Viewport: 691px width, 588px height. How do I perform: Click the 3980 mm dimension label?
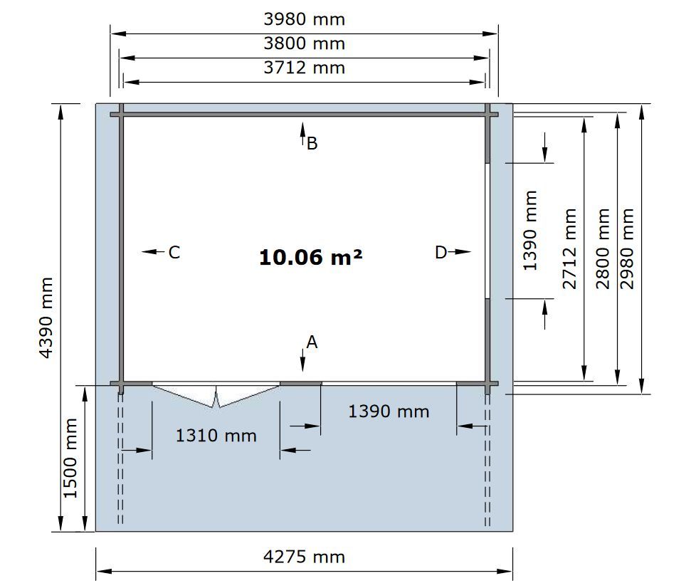304,19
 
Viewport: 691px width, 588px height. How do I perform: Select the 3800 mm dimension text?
304,43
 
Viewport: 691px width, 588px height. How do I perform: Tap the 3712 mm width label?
304,68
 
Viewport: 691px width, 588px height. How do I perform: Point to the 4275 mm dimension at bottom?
304,557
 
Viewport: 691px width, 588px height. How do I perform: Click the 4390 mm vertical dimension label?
46,317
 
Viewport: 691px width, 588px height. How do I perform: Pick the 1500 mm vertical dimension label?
70,458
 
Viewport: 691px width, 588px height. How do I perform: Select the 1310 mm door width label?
216,436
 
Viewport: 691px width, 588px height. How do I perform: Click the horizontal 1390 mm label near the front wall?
389,411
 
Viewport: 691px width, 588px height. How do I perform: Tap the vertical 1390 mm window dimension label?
529,231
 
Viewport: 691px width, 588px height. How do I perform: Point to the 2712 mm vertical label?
570,249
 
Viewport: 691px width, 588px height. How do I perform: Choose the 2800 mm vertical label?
603,249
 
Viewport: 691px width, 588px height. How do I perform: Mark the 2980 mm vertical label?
627,249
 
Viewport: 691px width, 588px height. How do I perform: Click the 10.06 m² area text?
311,257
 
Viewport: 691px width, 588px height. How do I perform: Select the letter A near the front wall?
312,342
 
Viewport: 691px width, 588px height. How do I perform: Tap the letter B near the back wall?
312,144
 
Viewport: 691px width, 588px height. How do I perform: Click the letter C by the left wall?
174,253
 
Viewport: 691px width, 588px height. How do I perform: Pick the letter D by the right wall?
441,253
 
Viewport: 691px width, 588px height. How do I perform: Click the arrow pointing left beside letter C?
152,252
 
